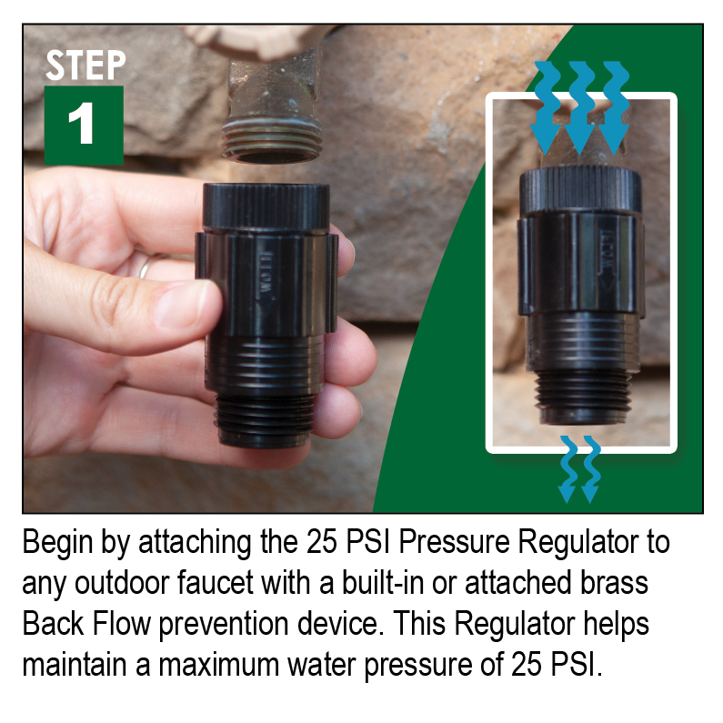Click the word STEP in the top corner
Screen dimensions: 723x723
click(85, 65)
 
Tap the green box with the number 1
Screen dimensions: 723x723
click(84, 125)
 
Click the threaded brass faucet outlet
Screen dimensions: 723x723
click(272, 138)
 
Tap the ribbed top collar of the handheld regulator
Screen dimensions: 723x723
click(266, 206)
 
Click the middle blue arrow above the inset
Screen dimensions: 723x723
click(580, 107)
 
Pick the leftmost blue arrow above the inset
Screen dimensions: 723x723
click(546, 107)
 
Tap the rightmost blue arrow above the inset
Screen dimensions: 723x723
click(614, 107)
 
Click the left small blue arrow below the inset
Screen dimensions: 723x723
click(567, 468)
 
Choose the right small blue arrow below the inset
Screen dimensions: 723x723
click(590, 468)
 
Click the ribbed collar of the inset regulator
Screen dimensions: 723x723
click(580, 190)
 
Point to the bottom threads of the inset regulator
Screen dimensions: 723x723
click(581, 397)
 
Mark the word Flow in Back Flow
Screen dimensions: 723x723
click(122, 623)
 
